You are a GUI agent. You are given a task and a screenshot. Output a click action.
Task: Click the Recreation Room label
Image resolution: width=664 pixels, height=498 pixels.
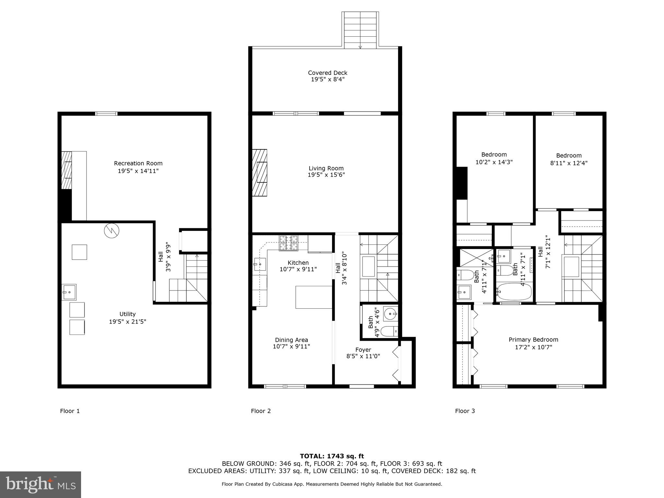138,163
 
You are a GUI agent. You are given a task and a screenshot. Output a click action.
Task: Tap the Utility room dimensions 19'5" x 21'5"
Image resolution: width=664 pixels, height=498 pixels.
127,322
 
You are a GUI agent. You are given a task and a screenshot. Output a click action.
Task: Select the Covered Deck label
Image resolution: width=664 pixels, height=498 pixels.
327,73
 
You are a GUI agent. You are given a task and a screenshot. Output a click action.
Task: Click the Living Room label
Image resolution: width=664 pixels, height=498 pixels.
326,168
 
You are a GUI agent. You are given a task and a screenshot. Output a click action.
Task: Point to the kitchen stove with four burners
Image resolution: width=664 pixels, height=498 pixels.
288,243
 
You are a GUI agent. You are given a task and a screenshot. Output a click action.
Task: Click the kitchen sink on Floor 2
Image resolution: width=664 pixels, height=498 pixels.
260,264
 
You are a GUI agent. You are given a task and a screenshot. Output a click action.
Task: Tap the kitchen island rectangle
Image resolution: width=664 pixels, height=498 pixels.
314,297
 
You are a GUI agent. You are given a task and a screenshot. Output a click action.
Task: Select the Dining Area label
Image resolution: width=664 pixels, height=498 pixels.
291,340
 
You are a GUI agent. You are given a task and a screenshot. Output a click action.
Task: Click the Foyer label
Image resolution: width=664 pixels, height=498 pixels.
363,350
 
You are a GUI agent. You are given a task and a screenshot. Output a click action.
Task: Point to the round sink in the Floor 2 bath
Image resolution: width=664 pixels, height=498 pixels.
390,314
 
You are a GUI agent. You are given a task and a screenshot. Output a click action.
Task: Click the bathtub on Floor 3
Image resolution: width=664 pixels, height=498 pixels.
515,291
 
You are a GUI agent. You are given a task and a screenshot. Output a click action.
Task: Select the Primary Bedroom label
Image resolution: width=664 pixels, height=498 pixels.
533,339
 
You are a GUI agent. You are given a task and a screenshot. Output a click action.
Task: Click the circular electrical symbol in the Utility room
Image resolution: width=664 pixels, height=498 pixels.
112,231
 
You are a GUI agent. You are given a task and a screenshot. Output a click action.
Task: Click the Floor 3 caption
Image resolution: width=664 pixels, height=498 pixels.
465,411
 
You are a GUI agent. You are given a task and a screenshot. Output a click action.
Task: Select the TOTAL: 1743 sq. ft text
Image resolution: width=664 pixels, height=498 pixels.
332,456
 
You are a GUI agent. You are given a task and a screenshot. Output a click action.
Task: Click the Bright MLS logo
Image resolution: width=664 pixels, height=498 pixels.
41,485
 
